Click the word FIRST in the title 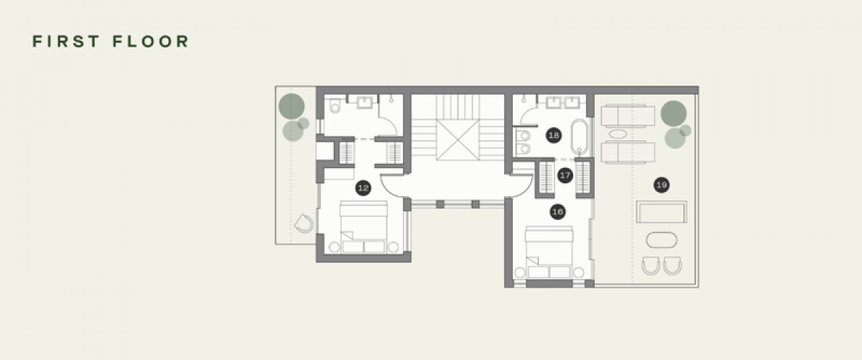(x=66, y=41)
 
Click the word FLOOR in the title (x=151, y=41)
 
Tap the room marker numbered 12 (x=363, y=188)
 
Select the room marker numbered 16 (x=557, y=212)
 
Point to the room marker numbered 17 (x=565, y=175)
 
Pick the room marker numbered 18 (x=554, y=135)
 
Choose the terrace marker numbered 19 (x=662, y=185)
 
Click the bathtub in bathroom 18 (x=580, y=137)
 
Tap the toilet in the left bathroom (x=335, y=106)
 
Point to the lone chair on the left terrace (x=304, y=223)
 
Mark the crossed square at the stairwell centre (x=458, y=140)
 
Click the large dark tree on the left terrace (x=292, y=106)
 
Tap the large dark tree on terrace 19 (x=674, y=114)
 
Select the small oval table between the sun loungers (x=618, y=134)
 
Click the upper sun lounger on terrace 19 (x=628, y=116)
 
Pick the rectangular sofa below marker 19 (x=662, y=211)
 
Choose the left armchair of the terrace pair (x=651, y=266)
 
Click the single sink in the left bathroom (x=364, y=103)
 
